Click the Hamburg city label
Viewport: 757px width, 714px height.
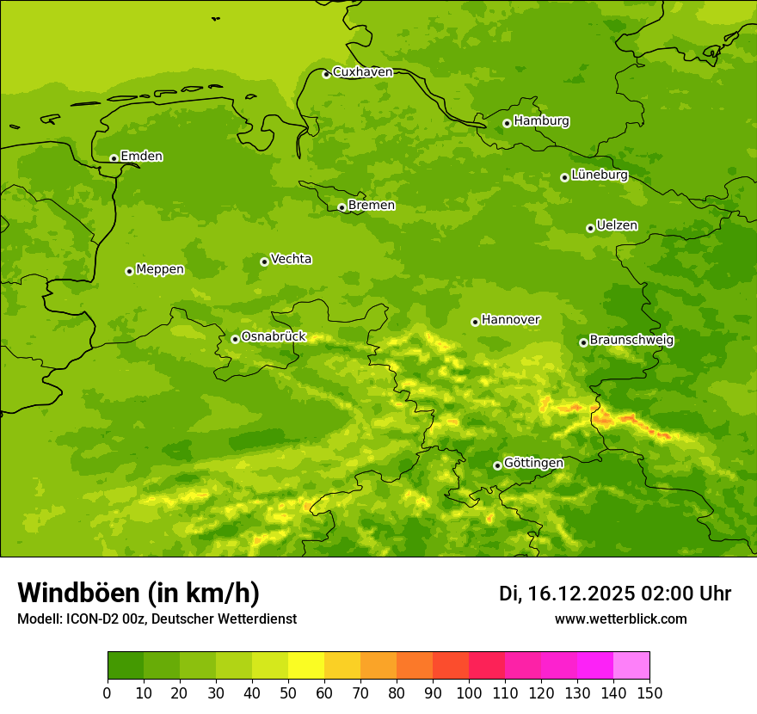coord(541,121)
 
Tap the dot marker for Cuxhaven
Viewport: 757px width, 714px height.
coord(326,74)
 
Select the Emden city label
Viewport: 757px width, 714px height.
coord(141,157)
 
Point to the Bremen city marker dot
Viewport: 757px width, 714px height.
coord(342,207)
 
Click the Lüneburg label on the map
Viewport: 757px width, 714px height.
coord(599,175)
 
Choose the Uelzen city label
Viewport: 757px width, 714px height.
coord(617,225)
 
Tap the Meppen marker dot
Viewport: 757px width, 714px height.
coord(129,271)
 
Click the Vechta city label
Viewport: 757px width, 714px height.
coord(291,259)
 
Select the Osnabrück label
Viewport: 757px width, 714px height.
coord(274,336)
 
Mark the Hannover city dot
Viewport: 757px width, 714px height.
coord(475,322)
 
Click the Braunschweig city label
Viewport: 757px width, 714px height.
coord(631,340)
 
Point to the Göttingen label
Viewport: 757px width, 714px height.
coord(533,463)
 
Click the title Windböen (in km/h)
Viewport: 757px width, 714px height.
coord(138,593)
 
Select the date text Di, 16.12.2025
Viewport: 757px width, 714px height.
coord(566,594)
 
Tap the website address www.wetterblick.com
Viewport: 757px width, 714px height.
coord(620,619)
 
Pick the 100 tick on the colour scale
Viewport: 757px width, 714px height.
coord(469,692)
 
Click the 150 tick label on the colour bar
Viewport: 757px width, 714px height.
coord(649,692)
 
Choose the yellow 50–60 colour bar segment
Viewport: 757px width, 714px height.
coord(306,666)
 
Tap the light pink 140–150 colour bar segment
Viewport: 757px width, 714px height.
coord(631,666)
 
